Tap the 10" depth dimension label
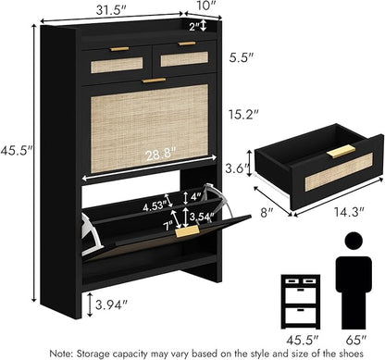(205, 6)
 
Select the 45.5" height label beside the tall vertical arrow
(16, 151)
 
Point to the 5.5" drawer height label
(242, 57)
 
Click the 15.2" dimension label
(243, 115)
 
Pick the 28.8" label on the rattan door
(161, 154)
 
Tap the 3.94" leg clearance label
(111, 304)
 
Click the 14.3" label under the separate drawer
(349, 212)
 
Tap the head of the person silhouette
(354, 241)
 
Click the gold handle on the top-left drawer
(119, 49)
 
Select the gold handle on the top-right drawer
(187, 43)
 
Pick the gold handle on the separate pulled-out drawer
(341, 152)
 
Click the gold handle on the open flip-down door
(187, 231)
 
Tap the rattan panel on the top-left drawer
(117, 65)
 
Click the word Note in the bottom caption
(60, 353)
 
